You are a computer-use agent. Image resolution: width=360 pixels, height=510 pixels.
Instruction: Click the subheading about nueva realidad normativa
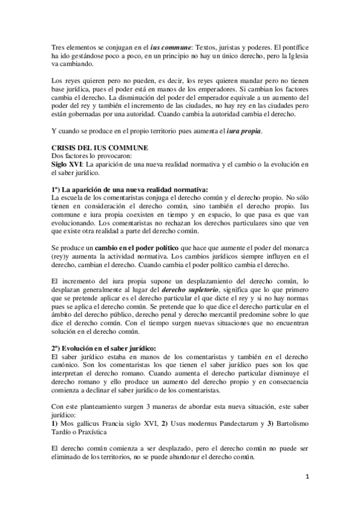click(x=130, y=189)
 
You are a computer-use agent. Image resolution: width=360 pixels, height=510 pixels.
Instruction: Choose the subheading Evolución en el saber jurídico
click(x=104, y=348)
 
